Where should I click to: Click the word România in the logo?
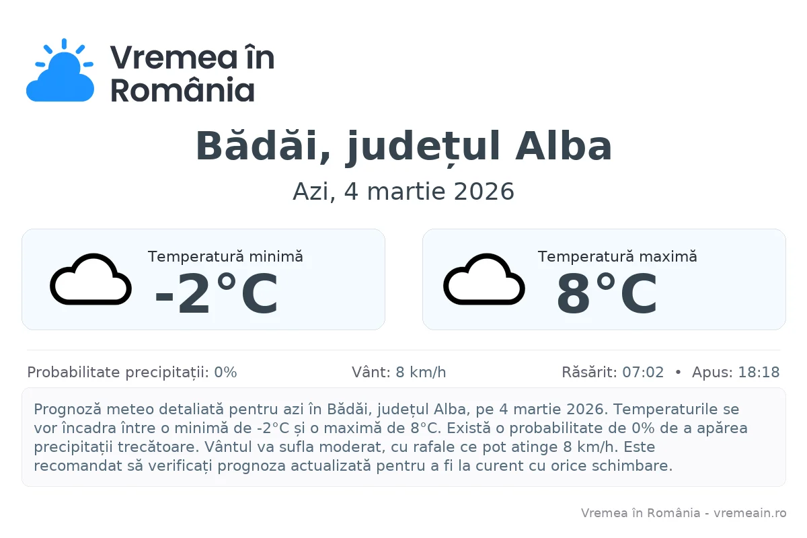pos(182,89)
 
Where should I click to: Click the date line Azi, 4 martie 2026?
pos(403,192)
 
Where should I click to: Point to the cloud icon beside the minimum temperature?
pos(90,279)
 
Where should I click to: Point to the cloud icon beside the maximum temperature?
pos(484,279)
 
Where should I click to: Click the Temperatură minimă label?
pos(225,256)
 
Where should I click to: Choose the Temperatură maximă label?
pos(617,256)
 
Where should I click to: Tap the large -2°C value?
pos(216,295)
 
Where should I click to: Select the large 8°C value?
pos(607,295)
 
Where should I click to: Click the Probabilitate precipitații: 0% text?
pos(132,373)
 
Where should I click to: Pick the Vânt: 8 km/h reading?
pos(399,373)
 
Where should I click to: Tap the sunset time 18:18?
pos(759,373)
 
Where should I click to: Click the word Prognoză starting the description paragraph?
pos(65,409)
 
